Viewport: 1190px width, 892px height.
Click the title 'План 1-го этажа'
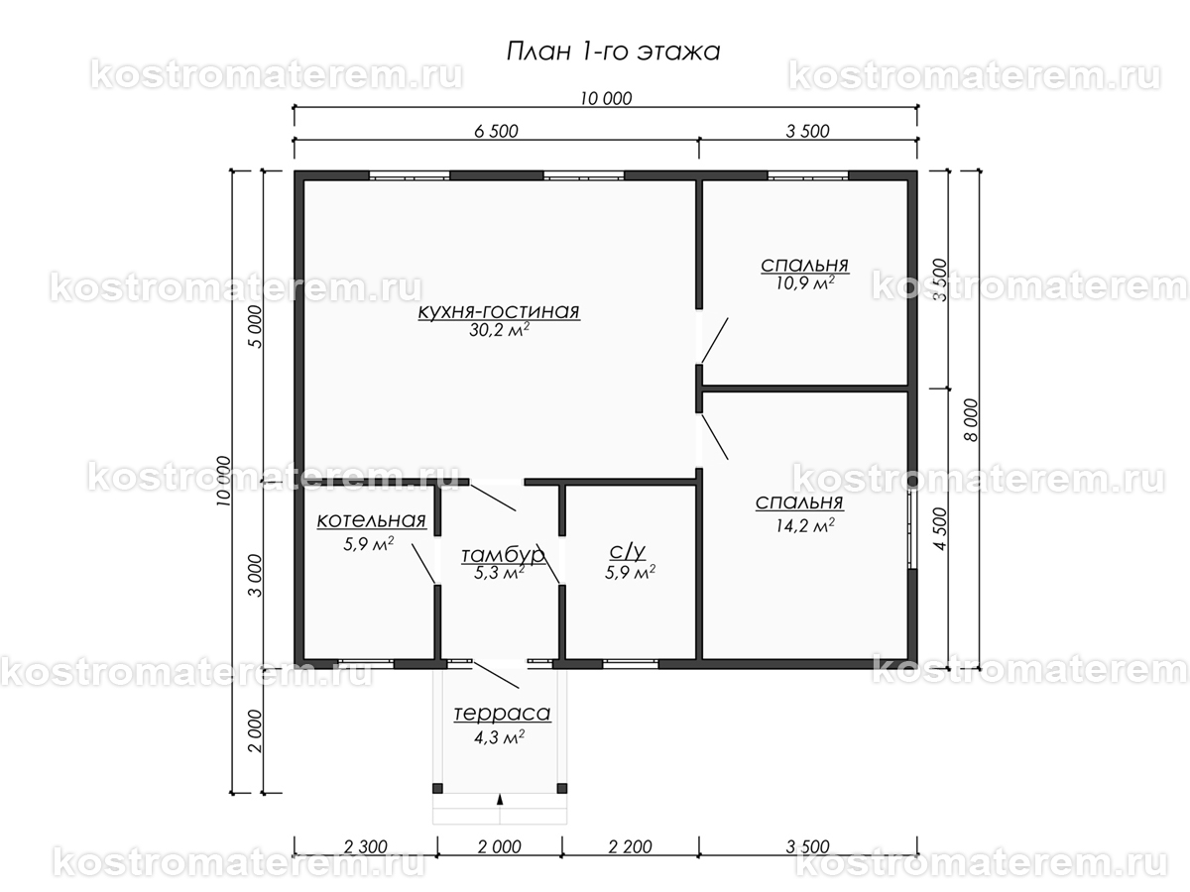pyautogui.click(x=613, y=52)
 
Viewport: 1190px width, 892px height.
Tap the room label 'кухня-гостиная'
pyautogui.click(x=499, y=311)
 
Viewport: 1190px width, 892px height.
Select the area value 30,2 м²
pyautogui.click(x=499, y=330)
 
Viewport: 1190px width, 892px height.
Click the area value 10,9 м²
pyautogui.click(x=804, y=282)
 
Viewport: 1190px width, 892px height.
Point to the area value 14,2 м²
pyautogui.click(x=804, y=525)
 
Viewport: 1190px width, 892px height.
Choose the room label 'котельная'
pyautogui.click(x=371, y=520)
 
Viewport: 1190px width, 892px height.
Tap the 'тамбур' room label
pyautogui.click(x=503, y=555)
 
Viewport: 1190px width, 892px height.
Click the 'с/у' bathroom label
pyautogui.click(x=628, y=552)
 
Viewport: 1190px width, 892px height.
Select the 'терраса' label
pyautogui.click(x=502, y=714)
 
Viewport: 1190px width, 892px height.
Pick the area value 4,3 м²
pyautogui.click(x=499, y=737)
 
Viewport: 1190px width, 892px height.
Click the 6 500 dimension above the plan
pyautogui.click(x=496, y=131)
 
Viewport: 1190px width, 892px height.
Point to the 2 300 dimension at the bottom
pyautogui.click(x=365, y=846)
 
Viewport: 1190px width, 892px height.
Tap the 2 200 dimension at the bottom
pyautogui.click(x=630, y=846)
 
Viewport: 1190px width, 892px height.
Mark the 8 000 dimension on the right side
pyautogui.click(x=972, y=420)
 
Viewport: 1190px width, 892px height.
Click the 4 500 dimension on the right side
pyautogui.click(x=940, y=529)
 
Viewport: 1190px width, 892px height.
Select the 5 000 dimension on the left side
pyautogui.click(x=254, y=327)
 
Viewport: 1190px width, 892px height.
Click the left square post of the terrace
pyautogui.click(x=437, y=788)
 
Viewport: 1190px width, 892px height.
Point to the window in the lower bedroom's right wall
pyautogui.click(x=913, y=528)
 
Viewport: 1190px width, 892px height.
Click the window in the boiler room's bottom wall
pyautogui.click(x=366, y=664)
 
